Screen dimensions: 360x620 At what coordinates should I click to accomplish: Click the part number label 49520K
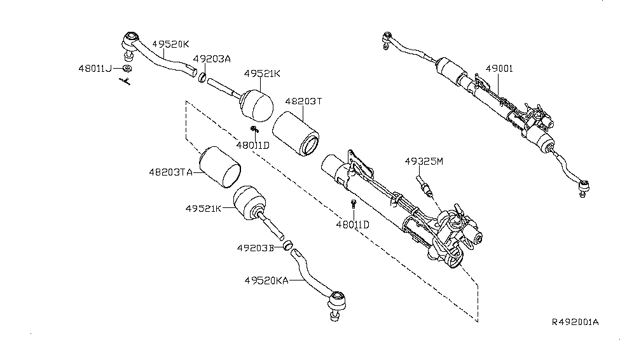click(x=170, y=44)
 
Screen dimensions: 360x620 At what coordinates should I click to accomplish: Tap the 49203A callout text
click(x=212, y=59)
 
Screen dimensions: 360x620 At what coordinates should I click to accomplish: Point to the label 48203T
click(x=304, y=101)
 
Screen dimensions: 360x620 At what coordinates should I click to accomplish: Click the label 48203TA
click(x=171, y=172)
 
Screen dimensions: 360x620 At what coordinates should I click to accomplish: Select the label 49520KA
click(x=266, y=279)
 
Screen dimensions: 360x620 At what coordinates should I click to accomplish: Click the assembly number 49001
click(x=499, y=68)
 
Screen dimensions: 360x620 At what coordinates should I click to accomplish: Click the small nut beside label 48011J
click(x=127, y=68)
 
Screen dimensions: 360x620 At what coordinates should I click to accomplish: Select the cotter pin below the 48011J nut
click(x=126, y=81)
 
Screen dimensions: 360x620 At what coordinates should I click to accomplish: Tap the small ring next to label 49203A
click(x=202, y=78)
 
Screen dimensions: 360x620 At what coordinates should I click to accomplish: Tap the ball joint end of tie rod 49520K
click(x=130, y=38)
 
